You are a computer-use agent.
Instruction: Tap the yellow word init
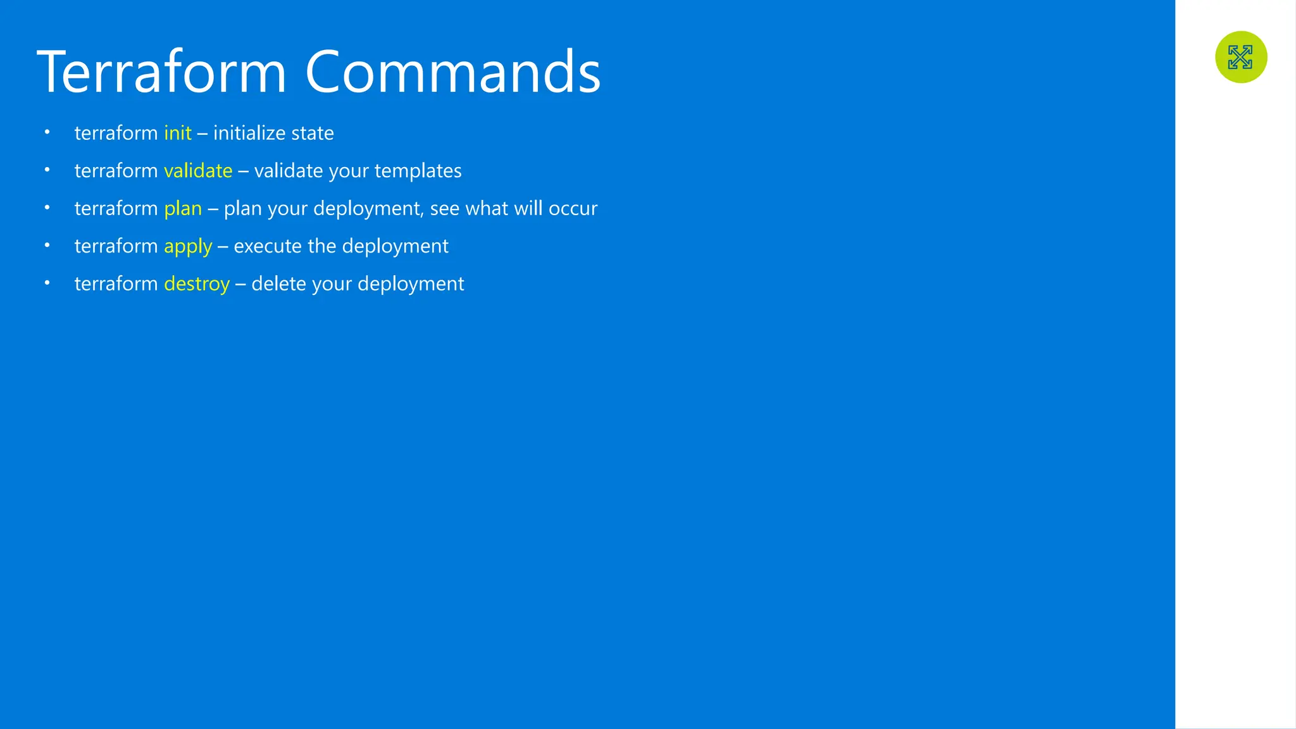(x=178, y=133)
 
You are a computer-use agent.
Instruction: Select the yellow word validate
(x=198, y=171)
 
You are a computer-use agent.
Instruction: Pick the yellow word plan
(x=183, y=208)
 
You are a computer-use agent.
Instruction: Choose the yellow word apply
(x=188, y=246)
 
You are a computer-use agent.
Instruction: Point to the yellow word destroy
(x=197, y=284)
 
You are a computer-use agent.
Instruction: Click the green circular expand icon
(x=1241, y=57)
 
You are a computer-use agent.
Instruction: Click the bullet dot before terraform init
(x=47, y=132)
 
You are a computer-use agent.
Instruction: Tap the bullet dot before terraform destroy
(x=47, y=283)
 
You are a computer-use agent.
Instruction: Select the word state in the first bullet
(x=312, y=133)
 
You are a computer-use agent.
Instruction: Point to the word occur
(x=573, y=208)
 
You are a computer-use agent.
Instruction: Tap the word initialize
(x=249, y=133)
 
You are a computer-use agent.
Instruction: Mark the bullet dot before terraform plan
(x=47, y=208)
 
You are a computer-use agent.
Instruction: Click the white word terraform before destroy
(x=116, y=283)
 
